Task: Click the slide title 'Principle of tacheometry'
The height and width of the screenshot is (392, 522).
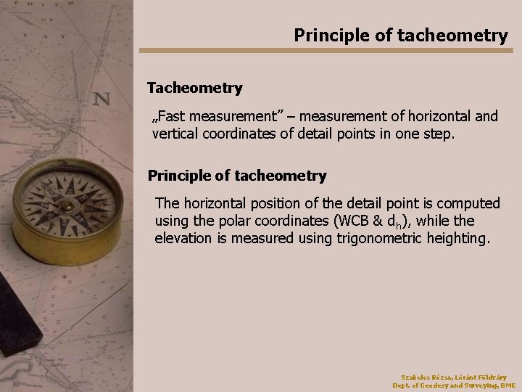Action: point(401,35)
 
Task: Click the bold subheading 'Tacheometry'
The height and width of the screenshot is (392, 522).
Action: point(194,88)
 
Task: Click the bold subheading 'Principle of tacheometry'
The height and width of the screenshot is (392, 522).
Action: point(237,176)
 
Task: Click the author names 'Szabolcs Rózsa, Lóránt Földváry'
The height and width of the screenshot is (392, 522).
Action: point(454,377)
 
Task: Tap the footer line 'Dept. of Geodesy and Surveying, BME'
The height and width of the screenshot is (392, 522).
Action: point(454,385)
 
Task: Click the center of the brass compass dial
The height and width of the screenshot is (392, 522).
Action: point(67,205)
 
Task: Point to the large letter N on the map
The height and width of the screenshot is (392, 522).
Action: point(101,99)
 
